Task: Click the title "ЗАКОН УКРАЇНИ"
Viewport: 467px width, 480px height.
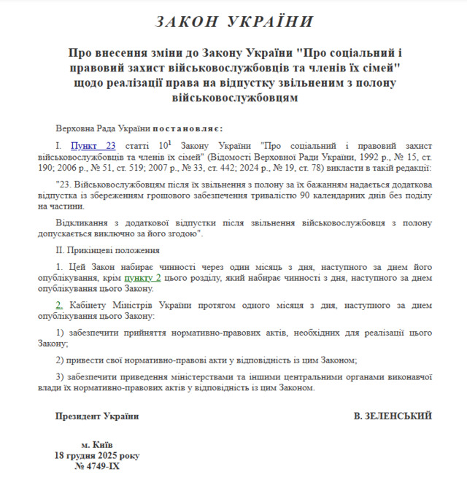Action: tap(233, 21)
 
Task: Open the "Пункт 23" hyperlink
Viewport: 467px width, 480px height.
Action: tap(93, 146)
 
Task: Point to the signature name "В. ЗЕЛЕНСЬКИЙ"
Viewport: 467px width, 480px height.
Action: tap(393, 416)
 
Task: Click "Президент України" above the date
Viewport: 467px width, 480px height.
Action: tap(96, 416)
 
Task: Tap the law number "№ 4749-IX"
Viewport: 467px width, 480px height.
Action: tap(98, 465)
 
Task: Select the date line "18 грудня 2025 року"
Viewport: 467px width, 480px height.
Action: tap(97, 454)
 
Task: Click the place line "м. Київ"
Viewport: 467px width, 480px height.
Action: tap(97, 444)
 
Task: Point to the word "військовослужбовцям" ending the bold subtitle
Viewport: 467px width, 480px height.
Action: tap(233, 96)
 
